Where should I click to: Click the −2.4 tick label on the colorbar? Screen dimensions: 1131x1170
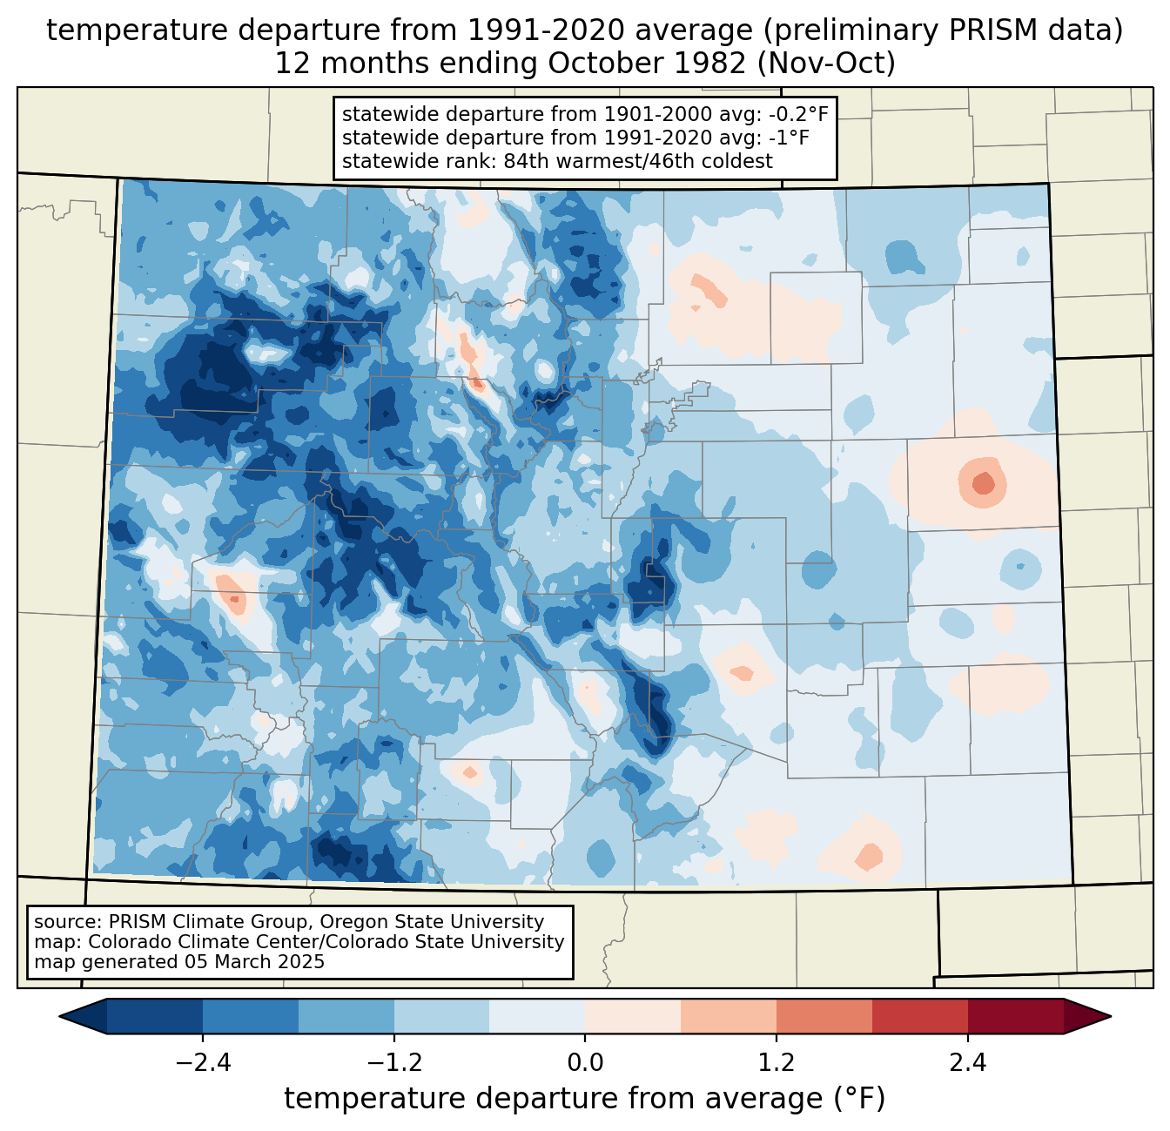point(202,1063)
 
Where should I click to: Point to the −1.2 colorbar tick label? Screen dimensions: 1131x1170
point(393,1063)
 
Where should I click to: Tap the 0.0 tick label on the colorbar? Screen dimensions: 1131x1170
point(585,1063)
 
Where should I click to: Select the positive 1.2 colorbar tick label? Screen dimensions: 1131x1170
point(777,1063)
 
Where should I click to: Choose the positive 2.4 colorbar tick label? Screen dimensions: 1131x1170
point(968,1063)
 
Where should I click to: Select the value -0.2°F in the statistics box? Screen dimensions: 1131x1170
point(790,114)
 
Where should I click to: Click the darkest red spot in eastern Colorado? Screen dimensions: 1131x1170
point(983,481)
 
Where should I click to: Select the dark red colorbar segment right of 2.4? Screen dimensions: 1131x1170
point(1015,1016)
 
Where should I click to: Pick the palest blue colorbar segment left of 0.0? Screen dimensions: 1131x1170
point(537,1016)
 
